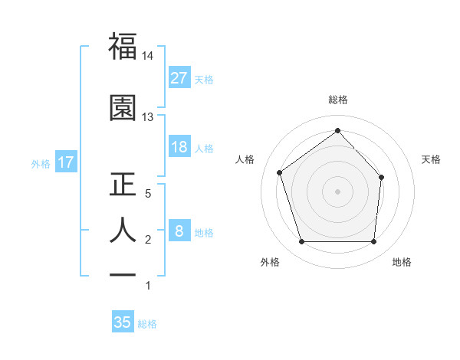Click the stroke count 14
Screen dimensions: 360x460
point(148,56)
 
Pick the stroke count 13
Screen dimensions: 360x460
point(148,117)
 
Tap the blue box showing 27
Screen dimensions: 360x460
point(179,78)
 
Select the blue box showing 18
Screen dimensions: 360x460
point(179,147)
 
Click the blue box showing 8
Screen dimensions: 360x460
point(179,231)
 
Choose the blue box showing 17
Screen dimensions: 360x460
point(65,162)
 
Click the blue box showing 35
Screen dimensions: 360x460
point(123,322)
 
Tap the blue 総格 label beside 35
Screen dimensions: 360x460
point(147,323)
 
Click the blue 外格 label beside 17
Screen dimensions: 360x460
point(41,163)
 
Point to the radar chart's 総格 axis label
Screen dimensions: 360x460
point(337,100)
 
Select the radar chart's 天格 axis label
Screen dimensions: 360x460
point(432,159)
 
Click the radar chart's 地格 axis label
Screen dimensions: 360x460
point(402,262)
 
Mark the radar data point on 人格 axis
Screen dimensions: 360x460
point(280,172)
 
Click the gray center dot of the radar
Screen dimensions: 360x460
point(337,191)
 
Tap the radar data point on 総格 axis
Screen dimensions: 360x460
point(337,130)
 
